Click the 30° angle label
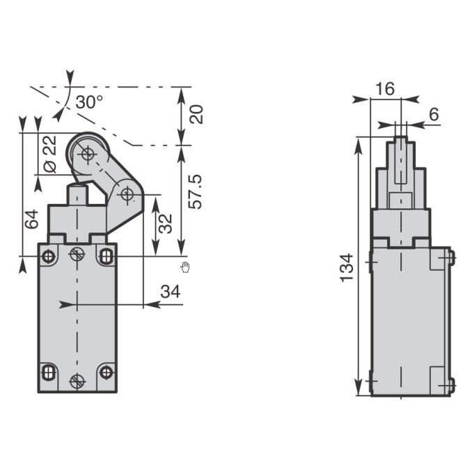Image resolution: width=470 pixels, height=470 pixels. [x=89, y=102]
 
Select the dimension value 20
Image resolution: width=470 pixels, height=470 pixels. [x=196, y=114]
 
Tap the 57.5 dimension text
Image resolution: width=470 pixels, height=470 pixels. [x=195, y=192]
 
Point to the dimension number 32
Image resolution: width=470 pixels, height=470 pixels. [x=165, y=224]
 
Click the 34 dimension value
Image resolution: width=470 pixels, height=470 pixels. [x=171, y=291]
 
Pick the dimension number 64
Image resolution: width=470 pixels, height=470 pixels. [x=31, y=219]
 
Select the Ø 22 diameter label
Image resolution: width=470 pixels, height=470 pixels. [x=49, y=155]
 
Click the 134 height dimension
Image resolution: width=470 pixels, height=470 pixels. [x=347, y=267]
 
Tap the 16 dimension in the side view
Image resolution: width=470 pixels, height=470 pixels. [x=385, y=88]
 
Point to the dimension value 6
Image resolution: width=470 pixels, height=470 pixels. [x=434, y=114]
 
